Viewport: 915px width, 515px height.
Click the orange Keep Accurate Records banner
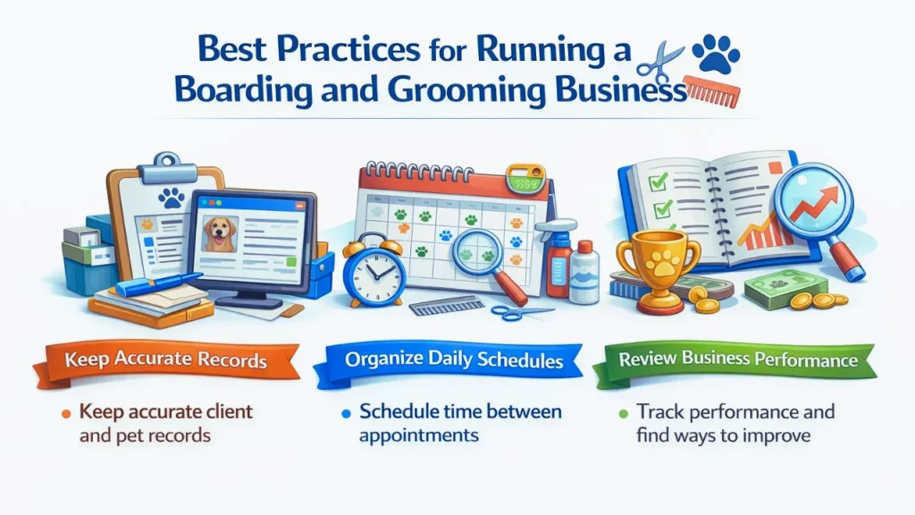tap(167, 362)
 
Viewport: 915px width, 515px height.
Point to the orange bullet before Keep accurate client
tap(67, 414)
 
